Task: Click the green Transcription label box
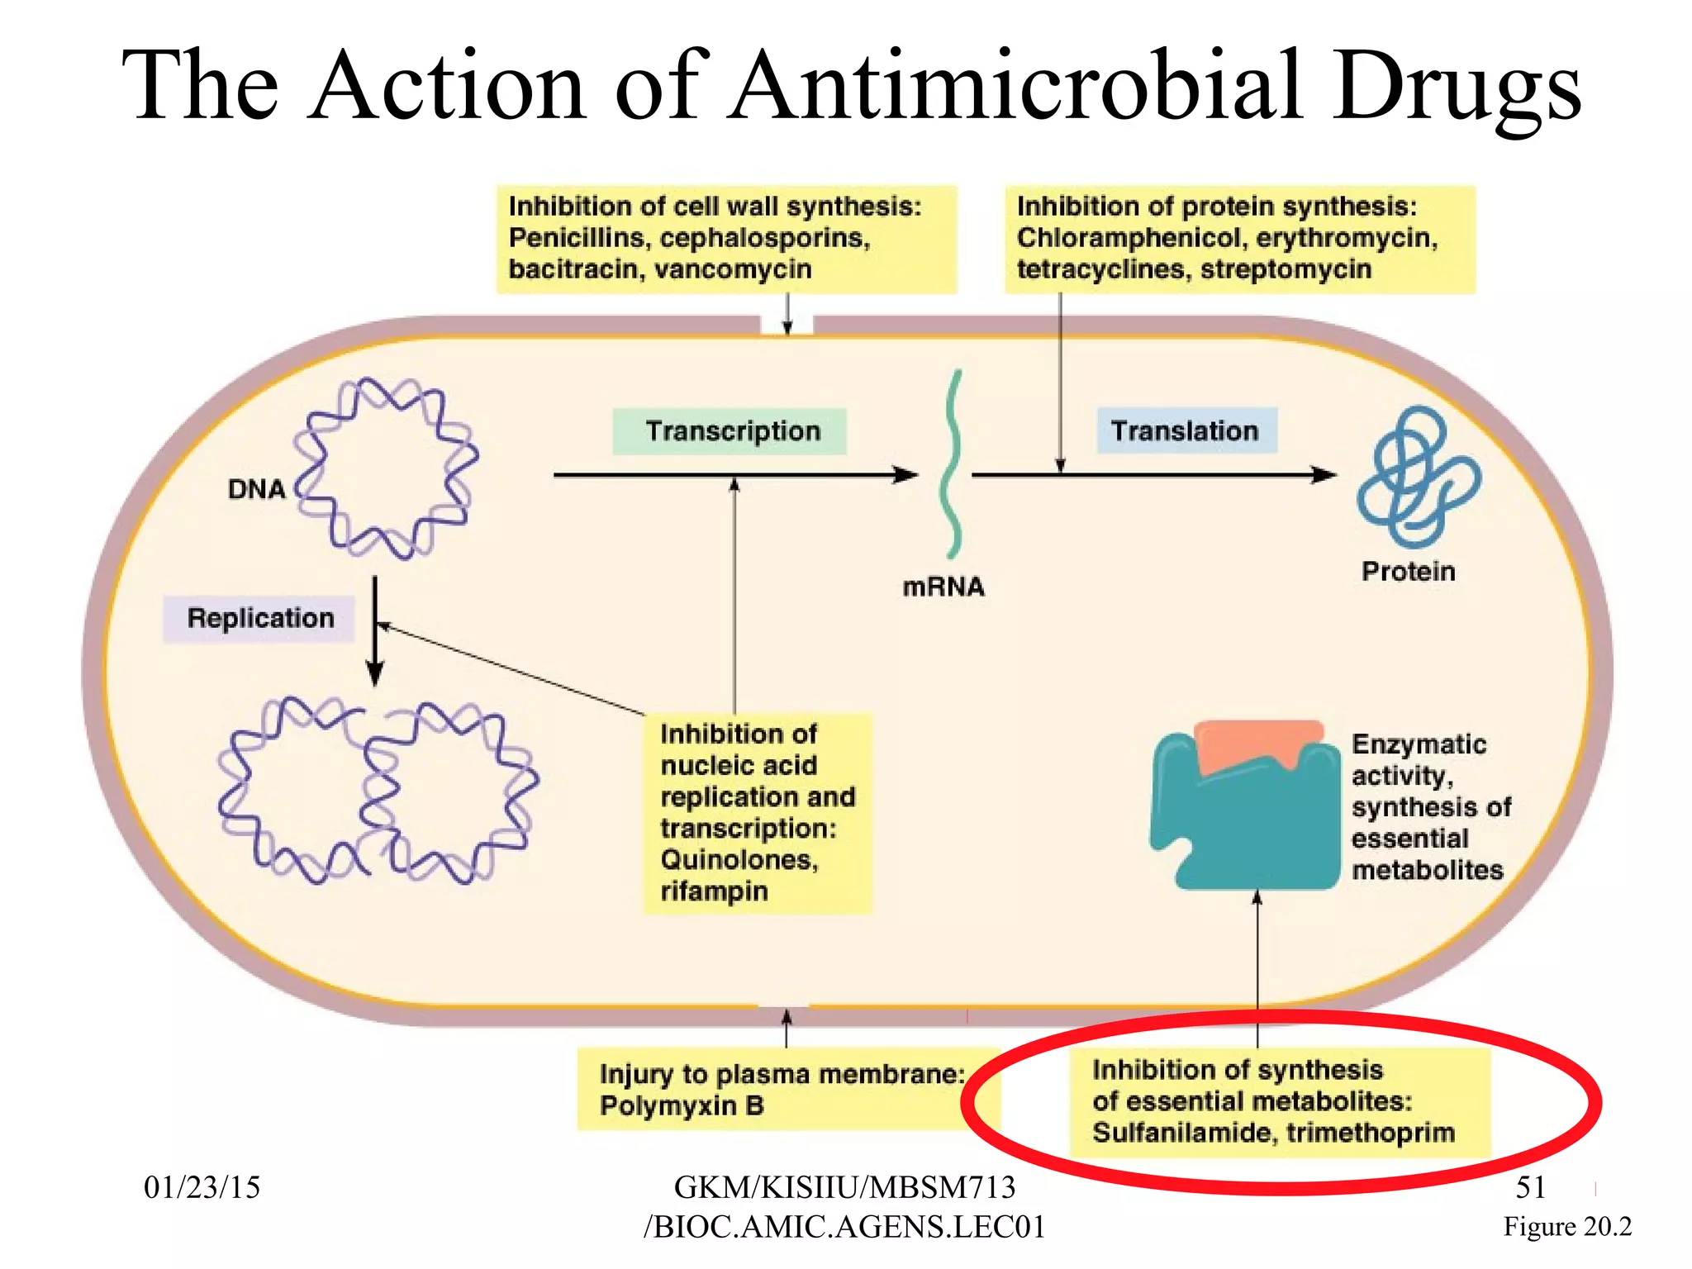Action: (x=730, y=431)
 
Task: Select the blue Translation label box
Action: (x=1186, y=430)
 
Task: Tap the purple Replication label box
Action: (x=259, y=619)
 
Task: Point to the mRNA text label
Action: (x=943, y=587)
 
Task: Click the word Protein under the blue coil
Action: (x=1408, y=572)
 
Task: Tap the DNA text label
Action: (x=256, y=489)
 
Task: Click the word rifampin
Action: (x=714, y=892)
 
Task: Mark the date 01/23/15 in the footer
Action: (x=202, y=1188)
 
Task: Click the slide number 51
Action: (x=1530, y=1188)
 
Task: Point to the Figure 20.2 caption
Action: (x=1567, y=1227)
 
